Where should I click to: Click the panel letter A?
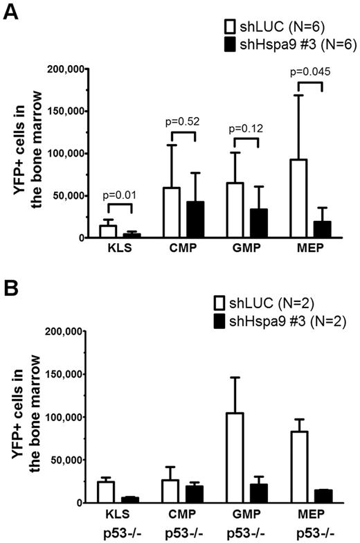pyautogui.click(x=12, y=12)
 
